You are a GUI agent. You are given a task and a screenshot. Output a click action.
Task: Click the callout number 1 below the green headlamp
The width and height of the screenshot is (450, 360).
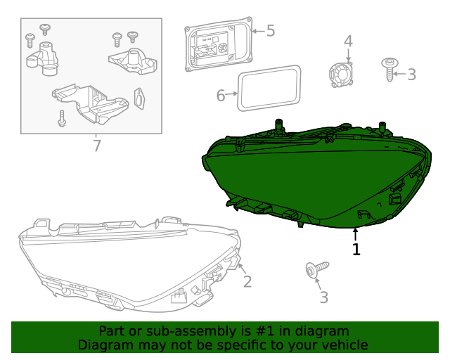356,249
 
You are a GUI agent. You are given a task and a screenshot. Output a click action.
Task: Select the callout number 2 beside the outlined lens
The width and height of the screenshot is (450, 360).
247,282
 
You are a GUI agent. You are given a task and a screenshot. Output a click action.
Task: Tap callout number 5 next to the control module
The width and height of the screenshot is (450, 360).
270,31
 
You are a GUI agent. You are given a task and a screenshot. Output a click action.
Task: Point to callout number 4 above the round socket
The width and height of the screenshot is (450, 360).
348,41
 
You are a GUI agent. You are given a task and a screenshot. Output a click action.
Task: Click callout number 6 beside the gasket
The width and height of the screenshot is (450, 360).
221,95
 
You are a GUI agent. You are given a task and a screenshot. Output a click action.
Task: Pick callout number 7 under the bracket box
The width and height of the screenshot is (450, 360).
97,146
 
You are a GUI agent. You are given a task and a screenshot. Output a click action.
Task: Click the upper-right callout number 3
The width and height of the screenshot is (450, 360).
411,74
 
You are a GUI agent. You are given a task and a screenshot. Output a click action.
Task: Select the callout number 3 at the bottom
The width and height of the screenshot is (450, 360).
323,297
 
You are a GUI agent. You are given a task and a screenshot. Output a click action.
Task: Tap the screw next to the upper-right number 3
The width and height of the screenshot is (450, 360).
389,69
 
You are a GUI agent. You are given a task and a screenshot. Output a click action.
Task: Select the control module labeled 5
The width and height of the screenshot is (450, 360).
217,46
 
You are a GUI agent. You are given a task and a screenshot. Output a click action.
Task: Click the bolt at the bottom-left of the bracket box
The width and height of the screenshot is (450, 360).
62,118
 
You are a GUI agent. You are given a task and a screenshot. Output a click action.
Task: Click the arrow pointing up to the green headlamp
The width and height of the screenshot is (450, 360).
356,234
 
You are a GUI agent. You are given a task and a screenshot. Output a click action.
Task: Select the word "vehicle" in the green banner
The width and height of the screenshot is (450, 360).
344,345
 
